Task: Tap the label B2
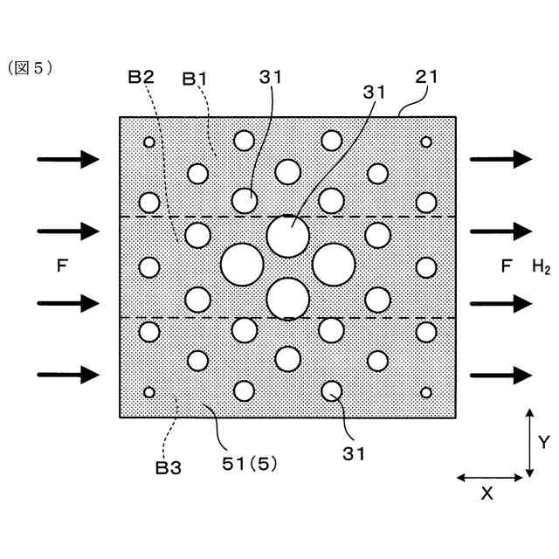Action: coord(141,77)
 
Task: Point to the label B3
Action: coord(169,468)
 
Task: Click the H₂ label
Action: coord(541,266)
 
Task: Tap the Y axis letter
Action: coord(543,443)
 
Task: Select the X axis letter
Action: coord(487,493)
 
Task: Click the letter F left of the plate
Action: coord(61,266)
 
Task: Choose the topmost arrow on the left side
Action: coord(68,159)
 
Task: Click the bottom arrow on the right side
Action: coord(500,375)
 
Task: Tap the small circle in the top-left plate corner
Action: coord(149,141)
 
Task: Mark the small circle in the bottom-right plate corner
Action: coord(426,391)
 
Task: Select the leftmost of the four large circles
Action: coord(242,265)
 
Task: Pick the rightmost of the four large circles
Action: coord(333,265)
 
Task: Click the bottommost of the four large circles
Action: coord(287,298)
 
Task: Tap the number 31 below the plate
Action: coord(354,453)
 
